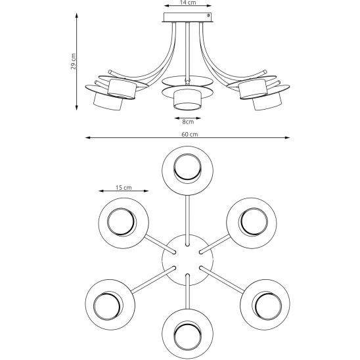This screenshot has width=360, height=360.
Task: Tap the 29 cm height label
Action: [x=74, y=62]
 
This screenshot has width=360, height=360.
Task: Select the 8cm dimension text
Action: [x=188, y=122]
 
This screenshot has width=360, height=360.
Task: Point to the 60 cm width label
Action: [x=190, y=135]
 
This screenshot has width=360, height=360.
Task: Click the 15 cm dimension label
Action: [x=124, y=188]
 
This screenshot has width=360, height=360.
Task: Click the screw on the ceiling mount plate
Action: [x=208, y=15]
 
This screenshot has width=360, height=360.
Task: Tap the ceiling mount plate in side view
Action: [x=188, y=18]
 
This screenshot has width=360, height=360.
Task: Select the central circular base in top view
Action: [x=188, y=260]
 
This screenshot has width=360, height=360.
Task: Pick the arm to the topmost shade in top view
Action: [x=188, y=221]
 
